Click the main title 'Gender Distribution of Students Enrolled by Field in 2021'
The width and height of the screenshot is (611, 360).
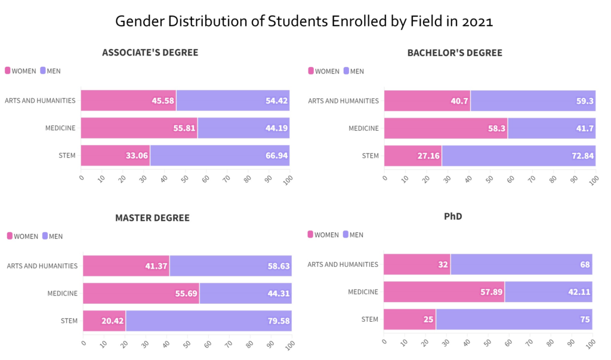coord(304,22)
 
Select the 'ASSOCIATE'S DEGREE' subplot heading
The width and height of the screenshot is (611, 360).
coord(150,53)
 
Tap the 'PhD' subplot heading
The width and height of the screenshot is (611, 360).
coord(453,216)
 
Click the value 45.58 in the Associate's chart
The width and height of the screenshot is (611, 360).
coord(163,101)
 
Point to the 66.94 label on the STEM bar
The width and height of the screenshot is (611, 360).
coord(276,156)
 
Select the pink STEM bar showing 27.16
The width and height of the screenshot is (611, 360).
coord(412,156)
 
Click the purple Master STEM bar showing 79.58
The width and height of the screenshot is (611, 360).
coord(208,321)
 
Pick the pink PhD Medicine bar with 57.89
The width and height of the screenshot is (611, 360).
coord(443,292)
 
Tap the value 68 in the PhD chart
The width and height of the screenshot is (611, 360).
coord(585,264)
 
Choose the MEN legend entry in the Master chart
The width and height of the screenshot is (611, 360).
coord(53,236)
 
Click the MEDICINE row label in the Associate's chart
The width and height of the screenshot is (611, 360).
coord(60,128)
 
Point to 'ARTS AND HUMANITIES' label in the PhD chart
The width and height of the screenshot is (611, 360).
coord(343,264)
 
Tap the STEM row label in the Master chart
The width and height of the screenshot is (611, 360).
coord(69,321)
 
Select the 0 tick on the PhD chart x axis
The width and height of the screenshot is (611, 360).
coord(384,341)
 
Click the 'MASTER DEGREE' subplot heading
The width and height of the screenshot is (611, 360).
coord(152,218)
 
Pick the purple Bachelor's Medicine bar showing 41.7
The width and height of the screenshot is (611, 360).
coord(551,128)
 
